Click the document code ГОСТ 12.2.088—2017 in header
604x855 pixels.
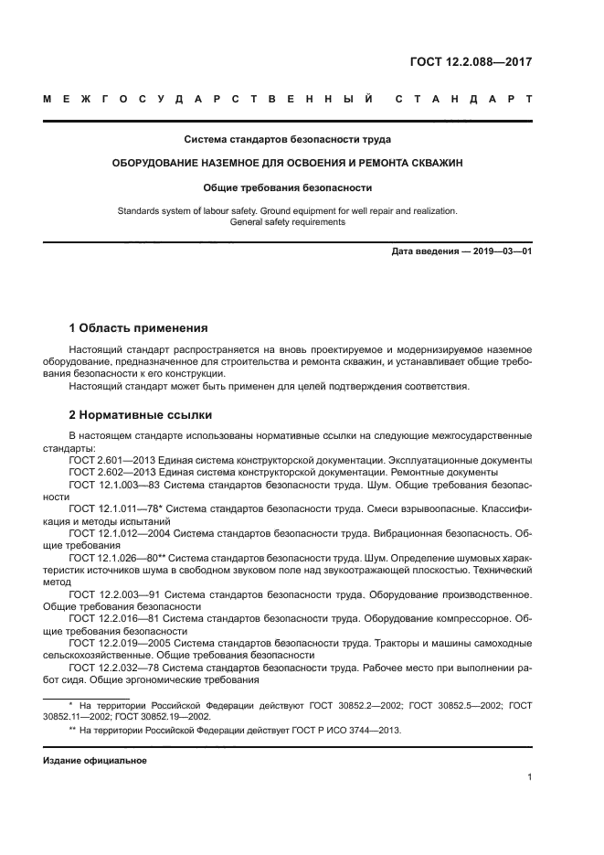(x=470, y=62)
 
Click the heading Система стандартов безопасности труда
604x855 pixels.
(x=288, y=140)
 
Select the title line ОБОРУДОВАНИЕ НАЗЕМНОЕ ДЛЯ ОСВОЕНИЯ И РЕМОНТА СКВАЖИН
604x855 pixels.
(x=288, y=164)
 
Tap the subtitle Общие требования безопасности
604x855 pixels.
(x=288, y=187)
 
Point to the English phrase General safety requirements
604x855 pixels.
(x=288, y=222)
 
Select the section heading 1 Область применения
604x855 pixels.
(x=139, y=327)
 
